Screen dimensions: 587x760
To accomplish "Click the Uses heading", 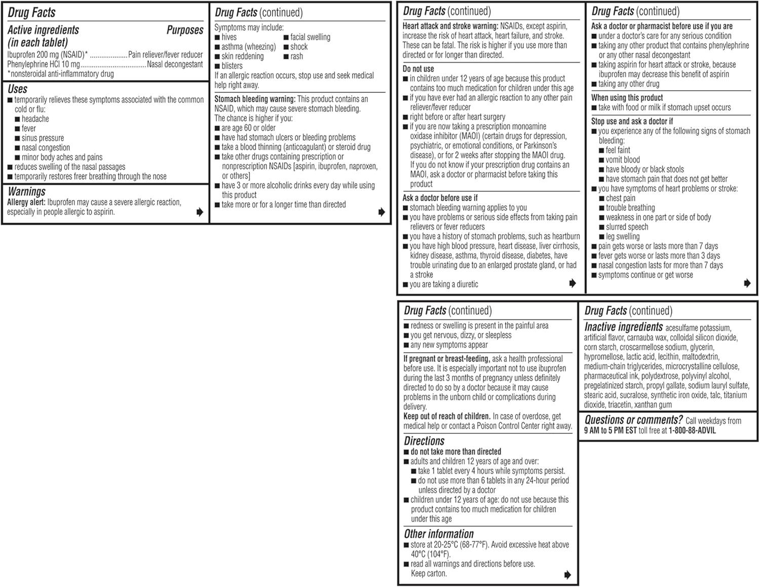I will [x=18, y=89].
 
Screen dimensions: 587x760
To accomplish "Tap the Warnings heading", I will [x=27, y=192].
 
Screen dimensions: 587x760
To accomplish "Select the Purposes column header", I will [x=184, y=30].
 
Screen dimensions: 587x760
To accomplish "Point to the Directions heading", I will [x=424, y=441].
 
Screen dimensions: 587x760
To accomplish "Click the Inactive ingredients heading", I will [x=623, y=327].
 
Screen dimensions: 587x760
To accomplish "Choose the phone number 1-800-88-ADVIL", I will [x=692, y=430].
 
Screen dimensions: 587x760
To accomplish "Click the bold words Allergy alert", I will [x=26, y=202].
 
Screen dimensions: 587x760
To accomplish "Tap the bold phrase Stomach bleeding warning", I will [x=254, y=99].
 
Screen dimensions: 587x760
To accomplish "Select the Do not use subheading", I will [x=418, y=69].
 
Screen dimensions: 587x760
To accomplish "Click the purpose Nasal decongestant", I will [x=175, y=64].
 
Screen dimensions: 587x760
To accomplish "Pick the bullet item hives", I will [x=229, y=37].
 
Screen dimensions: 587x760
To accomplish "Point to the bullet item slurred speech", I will [x=627, y=227].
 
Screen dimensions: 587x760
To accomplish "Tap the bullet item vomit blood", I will [x=623, y=160].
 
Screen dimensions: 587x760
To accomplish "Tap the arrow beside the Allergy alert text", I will [x=200, y=212].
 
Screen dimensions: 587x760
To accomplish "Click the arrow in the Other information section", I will [x=567, y=574].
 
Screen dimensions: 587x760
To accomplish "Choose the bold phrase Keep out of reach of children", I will [x=447, y=416].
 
